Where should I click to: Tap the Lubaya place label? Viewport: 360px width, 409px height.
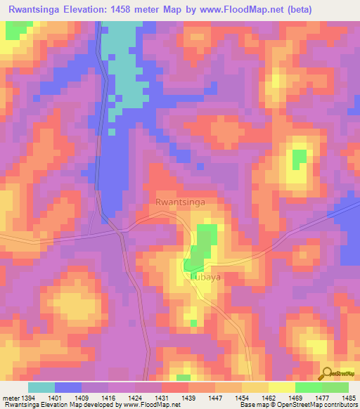pos(205,277)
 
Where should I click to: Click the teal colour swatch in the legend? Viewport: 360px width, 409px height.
pos(41,387)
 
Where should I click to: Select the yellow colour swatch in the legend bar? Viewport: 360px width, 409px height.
pos(281,387)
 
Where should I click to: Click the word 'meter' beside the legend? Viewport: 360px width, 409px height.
pos(11,398)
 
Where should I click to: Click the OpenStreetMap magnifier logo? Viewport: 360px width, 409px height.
pos(326,373)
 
